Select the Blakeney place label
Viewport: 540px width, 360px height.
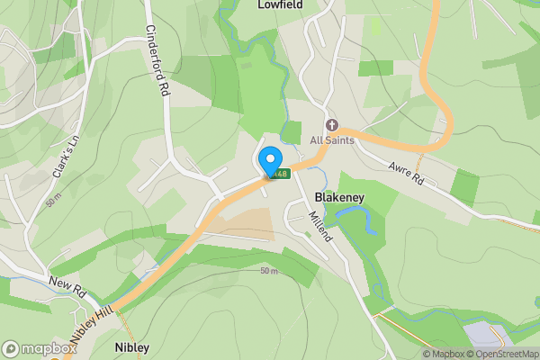click(338, 195)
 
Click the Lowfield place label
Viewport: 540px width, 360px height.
click(280, 5)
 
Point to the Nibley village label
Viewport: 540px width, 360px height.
click(131, 346)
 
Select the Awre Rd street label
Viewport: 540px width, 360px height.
click(406, 172)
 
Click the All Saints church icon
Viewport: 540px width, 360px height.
click(332, 125)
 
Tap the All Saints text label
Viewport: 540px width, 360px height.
click(333, 140)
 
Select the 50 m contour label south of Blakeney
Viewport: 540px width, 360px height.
click(269, 271)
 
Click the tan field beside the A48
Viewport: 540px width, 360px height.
click(246, 223)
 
